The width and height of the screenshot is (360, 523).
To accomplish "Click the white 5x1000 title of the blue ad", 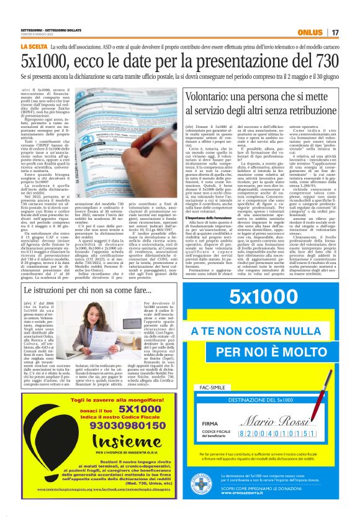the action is [267, 298].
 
